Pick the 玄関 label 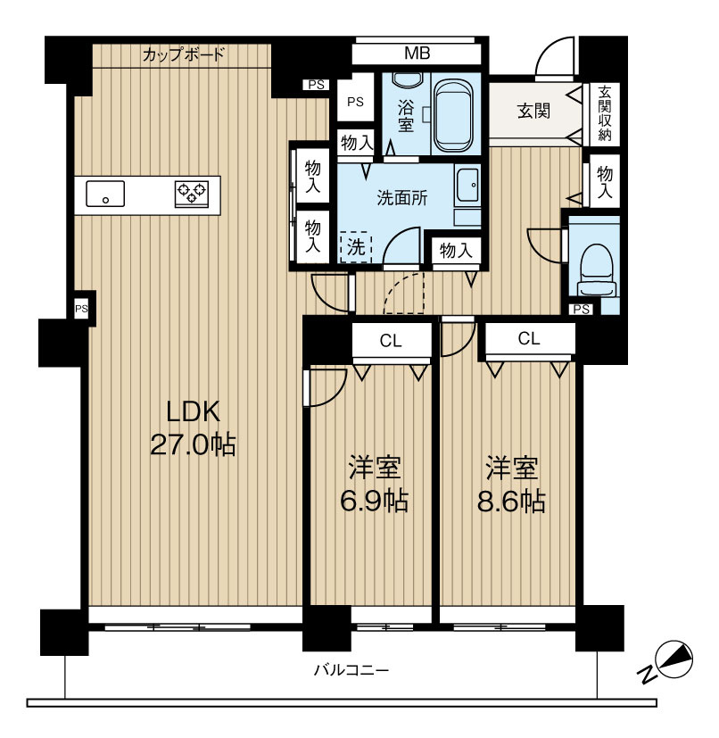(x=533, y=112)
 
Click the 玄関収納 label (x=605, y=113)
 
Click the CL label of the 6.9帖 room (x=390, y=339)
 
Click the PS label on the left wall (x=81, y=309)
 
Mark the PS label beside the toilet (x=583, y=309)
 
